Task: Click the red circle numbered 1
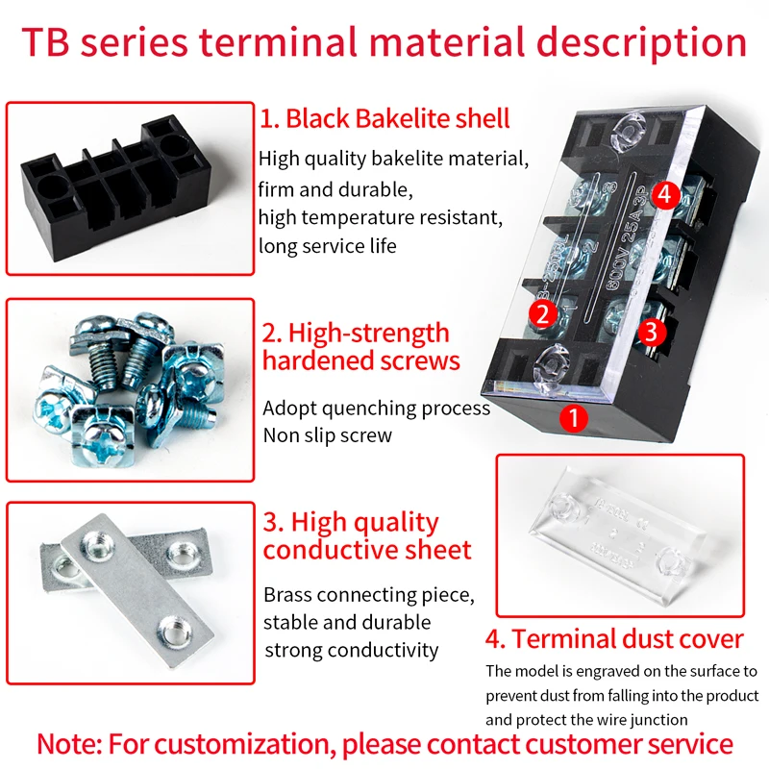click(574, 418)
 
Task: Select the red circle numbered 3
click(652, 332)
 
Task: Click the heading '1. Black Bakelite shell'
click(384, 119)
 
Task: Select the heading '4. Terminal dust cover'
click(615, 639)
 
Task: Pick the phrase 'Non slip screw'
click(328, 434)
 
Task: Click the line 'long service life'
click(327, 246)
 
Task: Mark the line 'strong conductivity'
click(351, 650)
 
